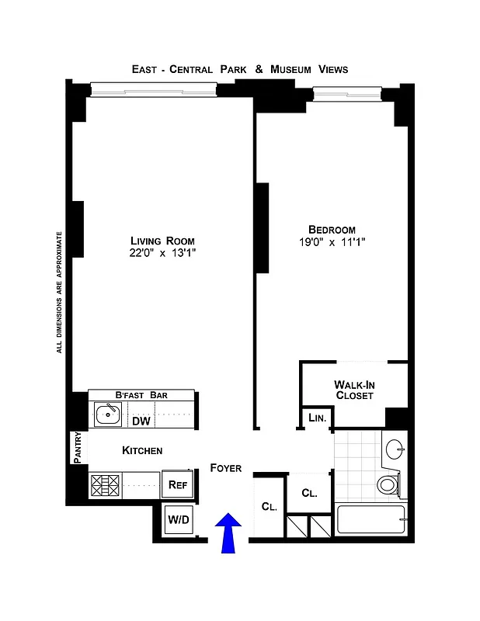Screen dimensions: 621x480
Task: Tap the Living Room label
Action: click(x=162, y=240)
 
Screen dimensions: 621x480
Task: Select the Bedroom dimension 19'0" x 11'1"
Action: click(x=332, y=242)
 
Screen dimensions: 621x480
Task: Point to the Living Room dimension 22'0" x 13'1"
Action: click(x=162, y=253)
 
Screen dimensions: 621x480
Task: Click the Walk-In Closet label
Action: click(x=353, y=390)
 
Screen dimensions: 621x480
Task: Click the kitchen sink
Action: click(x=107, y=415)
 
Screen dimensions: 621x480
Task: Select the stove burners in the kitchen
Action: click(x=103, y=486)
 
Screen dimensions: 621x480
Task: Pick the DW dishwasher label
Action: click(x=141, y=422)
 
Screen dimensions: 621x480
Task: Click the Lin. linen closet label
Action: click(x=317, y=418)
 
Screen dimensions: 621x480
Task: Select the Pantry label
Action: click(x=77, y=448)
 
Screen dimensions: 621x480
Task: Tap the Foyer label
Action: click(x=226, y=468)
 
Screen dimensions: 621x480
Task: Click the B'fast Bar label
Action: click(x=141, y=395)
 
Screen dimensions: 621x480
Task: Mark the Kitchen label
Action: click(x=142, y=450)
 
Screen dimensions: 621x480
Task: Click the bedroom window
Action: click(x=347, y=94)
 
